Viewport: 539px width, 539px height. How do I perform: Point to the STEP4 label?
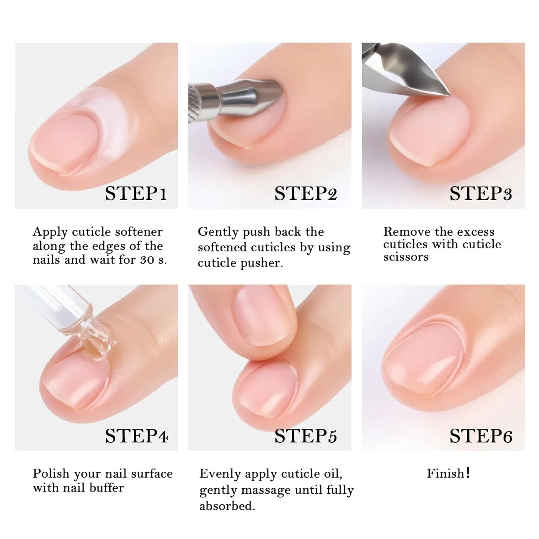[137, 436]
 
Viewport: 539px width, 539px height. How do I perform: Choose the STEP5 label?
[306, 436]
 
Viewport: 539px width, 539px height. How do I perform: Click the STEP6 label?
[481, 436]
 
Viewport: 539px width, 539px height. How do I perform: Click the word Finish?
[445, 473]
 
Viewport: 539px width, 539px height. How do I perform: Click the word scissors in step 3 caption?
[406, 257]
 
